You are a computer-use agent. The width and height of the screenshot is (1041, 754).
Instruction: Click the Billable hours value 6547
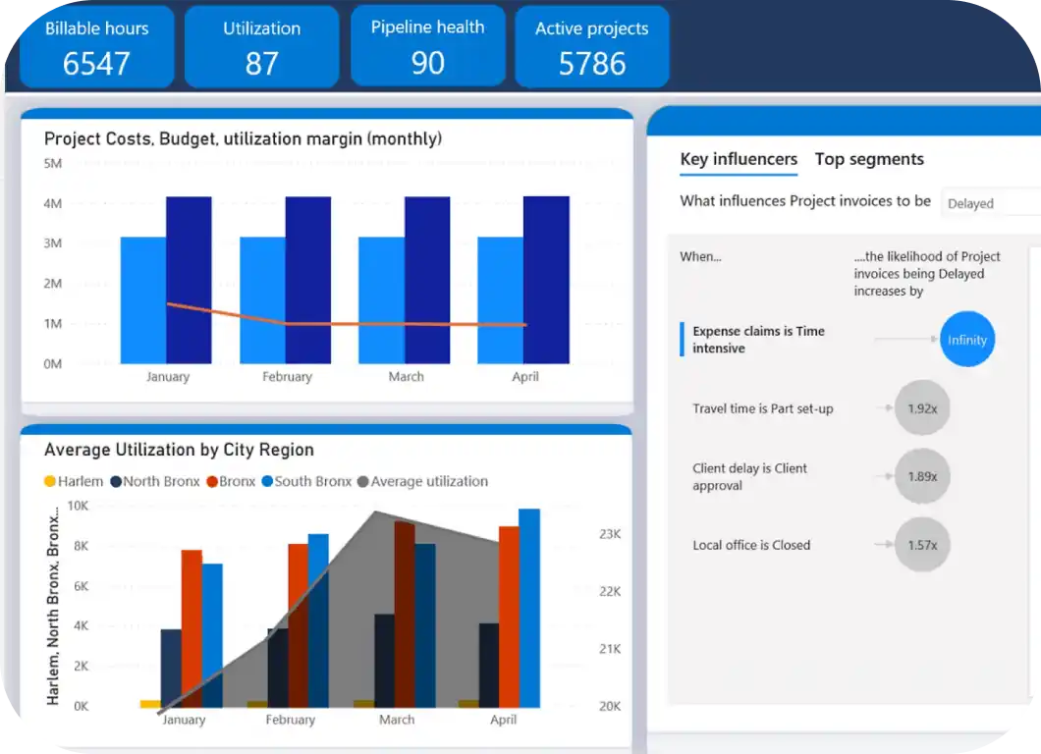(x=96, y=64)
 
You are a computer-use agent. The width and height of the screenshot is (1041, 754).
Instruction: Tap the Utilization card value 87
(x=262, y=64)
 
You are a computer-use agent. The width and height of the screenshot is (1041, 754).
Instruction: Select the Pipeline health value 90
(x=427, y=63)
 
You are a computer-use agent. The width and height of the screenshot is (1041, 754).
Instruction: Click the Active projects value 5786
(x=591, y=64)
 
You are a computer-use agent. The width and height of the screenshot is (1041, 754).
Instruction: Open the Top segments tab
(x=869, y=159)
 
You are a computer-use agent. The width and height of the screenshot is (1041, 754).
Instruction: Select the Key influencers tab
(x=739, y=159)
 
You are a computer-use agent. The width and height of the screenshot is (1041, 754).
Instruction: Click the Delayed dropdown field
(x=987, y=203)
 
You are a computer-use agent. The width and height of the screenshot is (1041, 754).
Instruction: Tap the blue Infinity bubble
(x=967, y=340)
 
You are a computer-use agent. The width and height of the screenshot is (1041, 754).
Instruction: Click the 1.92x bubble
(x=922, y=408)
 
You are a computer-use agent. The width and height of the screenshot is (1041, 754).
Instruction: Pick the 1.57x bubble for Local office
(x=922, y=545)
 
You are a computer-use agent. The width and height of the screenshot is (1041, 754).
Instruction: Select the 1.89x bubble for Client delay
(x=922, y=476)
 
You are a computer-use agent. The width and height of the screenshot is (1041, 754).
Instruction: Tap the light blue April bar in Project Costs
(x=500, y=299)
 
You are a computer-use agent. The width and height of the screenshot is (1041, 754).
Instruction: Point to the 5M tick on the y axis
(x=53, y=163)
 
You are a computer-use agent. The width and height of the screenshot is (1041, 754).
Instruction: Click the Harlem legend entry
(x=74, y=481)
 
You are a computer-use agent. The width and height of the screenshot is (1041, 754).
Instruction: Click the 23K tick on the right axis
(x=610, y=534)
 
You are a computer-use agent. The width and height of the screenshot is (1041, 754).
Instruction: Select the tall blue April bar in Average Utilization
(x=529, y=608)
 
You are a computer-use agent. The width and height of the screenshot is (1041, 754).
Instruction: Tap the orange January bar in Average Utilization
(x=192, y=628)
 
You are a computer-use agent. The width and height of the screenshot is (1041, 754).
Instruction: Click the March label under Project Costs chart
(x=406, y=377)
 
